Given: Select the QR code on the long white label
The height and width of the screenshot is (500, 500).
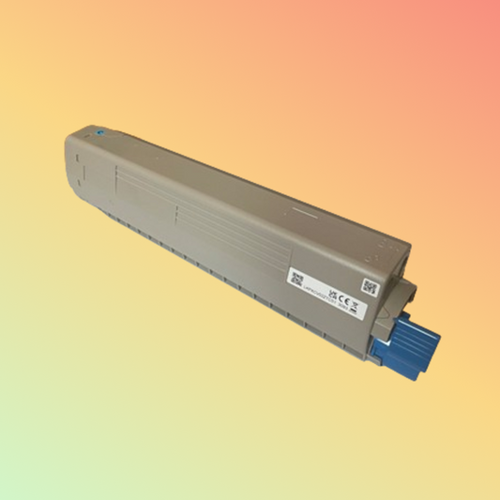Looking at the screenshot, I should point(297,278).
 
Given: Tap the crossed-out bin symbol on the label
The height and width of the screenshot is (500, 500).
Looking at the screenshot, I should point(356,297).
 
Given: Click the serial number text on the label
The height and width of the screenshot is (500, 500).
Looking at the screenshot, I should point(319,299).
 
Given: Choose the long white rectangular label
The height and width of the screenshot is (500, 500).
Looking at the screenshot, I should point(327,290).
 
